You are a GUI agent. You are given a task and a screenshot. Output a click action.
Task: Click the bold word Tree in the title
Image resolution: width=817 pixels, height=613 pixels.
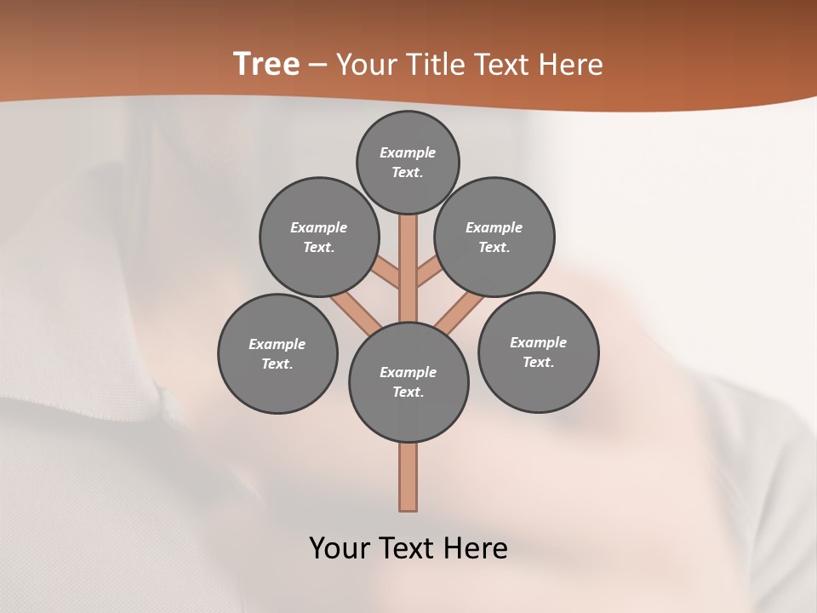point(266,64)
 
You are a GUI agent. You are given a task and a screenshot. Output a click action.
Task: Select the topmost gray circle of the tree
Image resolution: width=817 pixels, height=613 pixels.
point(408,162)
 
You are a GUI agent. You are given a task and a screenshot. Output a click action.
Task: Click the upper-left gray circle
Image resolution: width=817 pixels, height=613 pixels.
point(319,237)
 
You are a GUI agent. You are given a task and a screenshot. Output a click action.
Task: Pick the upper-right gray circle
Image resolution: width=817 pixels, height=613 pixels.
point(494,237)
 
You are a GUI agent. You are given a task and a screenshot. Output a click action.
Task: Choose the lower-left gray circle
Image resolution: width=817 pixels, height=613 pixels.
point(277,353)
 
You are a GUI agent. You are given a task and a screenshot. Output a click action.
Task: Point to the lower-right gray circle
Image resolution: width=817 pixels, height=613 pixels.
point(538,352)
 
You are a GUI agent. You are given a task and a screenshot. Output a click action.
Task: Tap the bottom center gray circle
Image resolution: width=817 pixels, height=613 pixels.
point(408,381)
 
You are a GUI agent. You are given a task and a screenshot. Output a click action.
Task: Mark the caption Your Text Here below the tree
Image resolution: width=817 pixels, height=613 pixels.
point(408,548)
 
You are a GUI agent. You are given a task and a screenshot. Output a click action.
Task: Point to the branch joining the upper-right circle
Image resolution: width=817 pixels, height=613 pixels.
point(428,273)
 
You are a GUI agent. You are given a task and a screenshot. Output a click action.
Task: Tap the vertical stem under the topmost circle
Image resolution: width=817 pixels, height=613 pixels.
point(408,255)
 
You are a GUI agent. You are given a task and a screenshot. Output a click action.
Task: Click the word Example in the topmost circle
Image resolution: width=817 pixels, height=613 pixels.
point(408,152)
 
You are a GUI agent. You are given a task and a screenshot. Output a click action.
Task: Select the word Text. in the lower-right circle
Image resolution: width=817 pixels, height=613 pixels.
point(538,362)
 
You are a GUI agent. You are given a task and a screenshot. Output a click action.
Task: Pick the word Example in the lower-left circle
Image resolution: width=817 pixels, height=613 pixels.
point(277,344)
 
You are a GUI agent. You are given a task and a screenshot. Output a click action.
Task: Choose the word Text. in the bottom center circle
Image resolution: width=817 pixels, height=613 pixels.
point(408,392)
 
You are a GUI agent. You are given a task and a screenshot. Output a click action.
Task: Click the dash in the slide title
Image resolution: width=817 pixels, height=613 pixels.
point(317,65)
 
